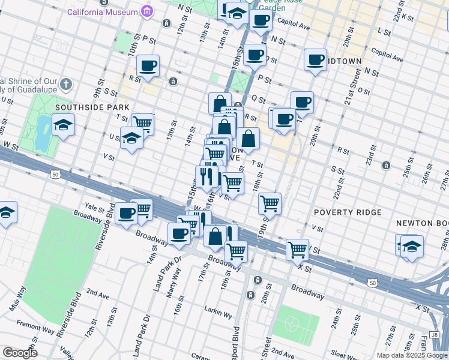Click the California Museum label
(101, 11)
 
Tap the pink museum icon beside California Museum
(146, 11)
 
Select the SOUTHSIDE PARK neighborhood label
(84, 107)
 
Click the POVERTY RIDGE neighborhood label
(348, 212)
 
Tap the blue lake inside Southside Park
(42, 132)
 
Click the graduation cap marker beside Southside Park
(63, 126)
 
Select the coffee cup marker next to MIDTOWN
(315, 59)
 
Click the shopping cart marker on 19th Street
(270, 203)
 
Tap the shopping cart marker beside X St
(298, 249)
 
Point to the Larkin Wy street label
(219, 314)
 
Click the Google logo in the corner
(20, 353)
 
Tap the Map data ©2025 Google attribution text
(411, 355)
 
